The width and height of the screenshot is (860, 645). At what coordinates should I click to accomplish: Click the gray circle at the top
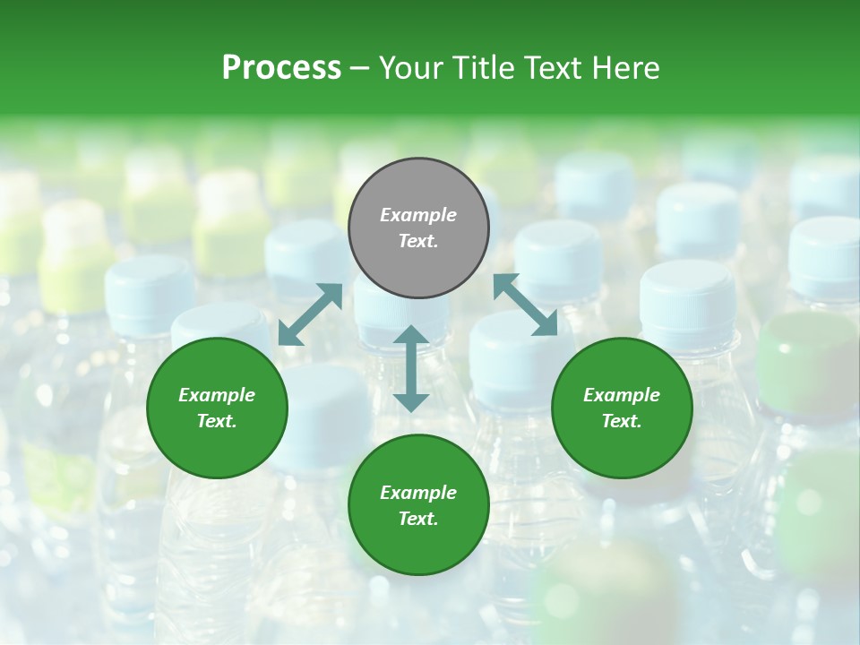(418, 228)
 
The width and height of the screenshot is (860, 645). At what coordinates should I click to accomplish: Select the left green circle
(217, 408)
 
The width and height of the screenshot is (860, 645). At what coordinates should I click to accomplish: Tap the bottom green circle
(418, 504)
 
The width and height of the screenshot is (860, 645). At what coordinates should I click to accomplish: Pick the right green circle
(621, 408)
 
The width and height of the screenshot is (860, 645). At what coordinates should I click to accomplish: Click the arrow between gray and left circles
(310, 314)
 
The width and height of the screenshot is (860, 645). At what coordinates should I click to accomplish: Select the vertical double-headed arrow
(411, 368)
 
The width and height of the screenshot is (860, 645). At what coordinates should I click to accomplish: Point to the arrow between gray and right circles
(525, 305)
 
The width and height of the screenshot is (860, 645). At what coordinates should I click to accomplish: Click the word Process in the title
(281, 67)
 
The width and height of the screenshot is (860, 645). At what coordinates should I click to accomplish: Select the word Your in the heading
(411, 67)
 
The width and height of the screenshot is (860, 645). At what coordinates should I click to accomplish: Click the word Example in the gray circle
(418, 215)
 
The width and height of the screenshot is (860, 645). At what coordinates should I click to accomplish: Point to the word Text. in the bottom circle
(418, 519)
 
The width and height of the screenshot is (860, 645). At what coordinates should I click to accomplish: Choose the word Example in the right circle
(621, 395)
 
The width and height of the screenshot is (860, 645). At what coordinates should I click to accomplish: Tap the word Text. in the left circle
(217, 421)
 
